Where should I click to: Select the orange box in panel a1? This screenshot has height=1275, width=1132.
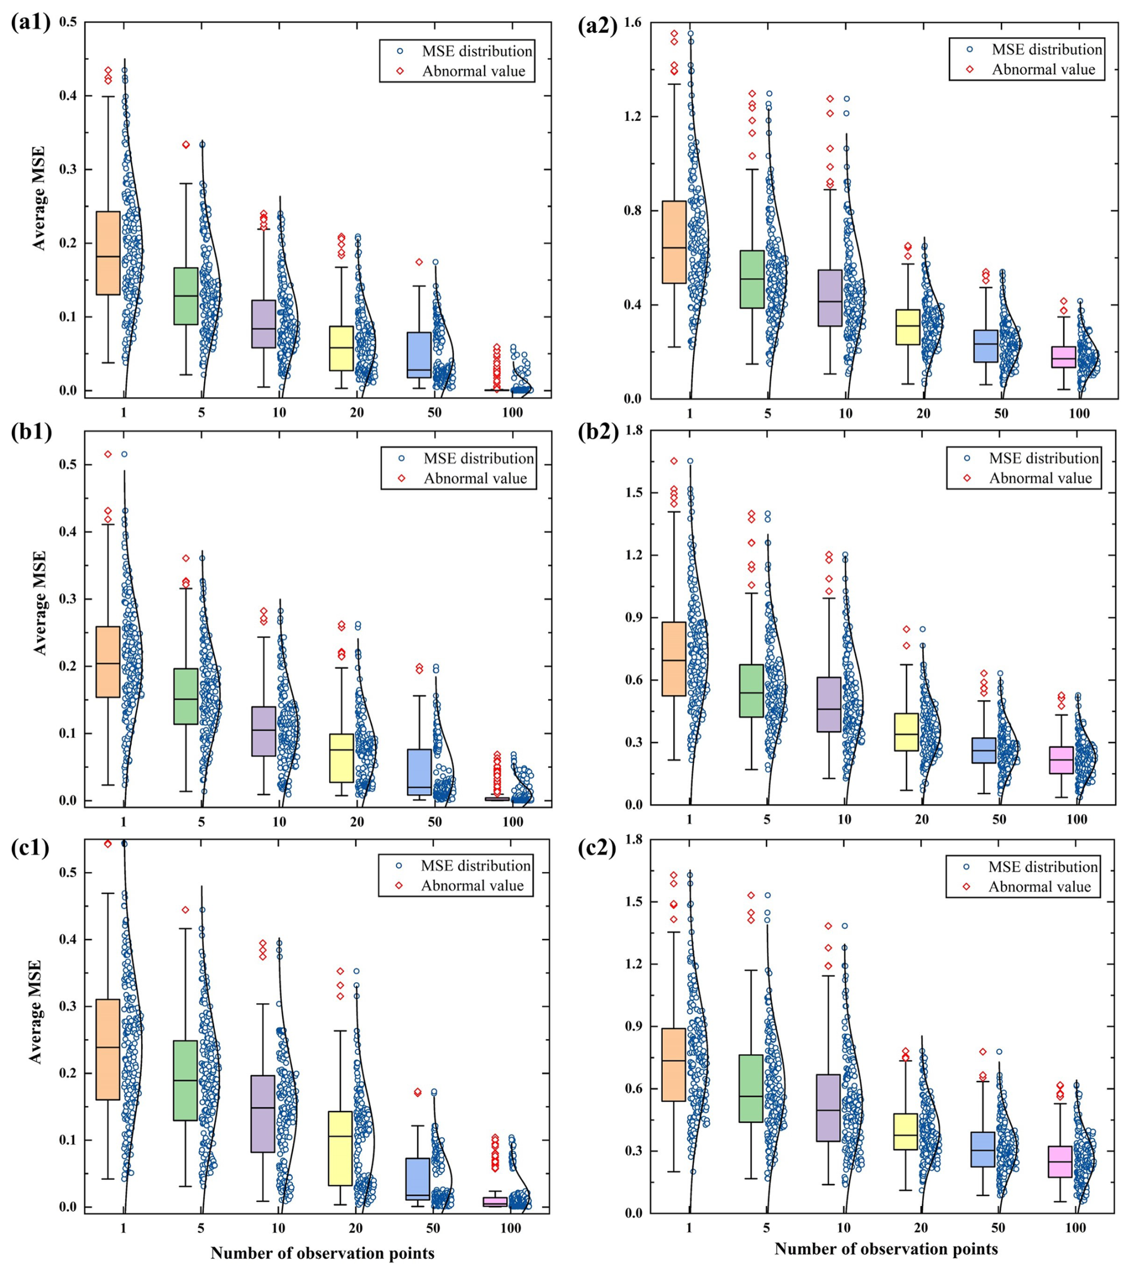click(x=108, y=253)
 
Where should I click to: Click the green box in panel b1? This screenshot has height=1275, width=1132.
click(x=185, y=696)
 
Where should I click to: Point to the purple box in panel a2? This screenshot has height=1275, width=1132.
click(x=830, y=298)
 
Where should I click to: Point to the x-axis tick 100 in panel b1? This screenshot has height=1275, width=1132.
click(x=512, y=822)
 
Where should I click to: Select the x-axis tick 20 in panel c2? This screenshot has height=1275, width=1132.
click(x=921, y=1228)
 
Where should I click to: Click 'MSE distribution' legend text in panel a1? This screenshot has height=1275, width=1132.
click(x=477, y=50)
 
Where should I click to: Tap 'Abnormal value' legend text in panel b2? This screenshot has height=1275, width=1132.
click(x=1040, y=478)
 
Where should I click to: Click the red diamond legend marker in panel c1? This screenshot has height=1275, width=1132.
click(x=399, y=886)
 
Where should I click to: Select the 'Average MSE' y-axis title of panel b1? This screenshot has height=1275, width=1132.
click(x=40, y=602)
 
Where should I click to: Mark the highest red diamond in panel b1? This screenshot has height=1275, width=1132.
click(x=108, y=454)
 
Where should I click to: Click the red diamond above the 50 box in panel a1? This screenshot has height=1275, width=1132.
click(x=419, y=262)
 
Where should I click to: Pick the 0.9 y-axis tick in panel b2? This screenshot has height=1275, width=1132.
click(x=632, y=617)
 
